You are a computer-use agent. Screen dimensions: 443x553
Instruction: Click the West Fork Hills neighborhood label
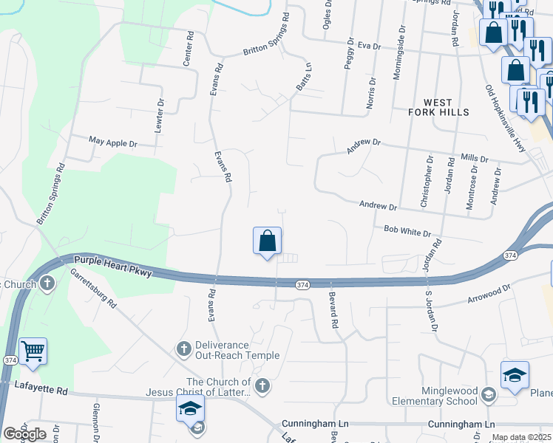[x=438, y=106]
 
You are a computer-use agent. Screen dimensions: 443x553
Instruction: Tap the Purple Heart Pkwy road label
[x=112, y=267]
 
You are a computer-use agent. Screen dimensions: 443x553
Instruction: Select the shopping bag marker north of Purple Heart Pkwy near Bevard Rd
[x=267, y=241]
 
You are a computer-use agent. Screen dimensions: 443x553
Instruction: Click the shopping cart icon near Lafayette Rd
[x=33, y=351]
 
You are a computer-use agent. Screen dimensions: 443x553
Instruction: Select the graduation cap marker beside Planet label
[x=515, y=375]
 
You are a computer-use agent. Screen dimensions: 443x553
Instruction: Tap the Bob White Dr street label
[x=407, y=232]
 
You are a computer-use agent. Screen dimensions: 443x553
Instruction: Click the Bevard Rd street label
[x=333, y=310]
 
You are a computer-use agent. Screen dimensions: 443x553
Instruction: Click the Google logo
[x=24, y=433]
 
